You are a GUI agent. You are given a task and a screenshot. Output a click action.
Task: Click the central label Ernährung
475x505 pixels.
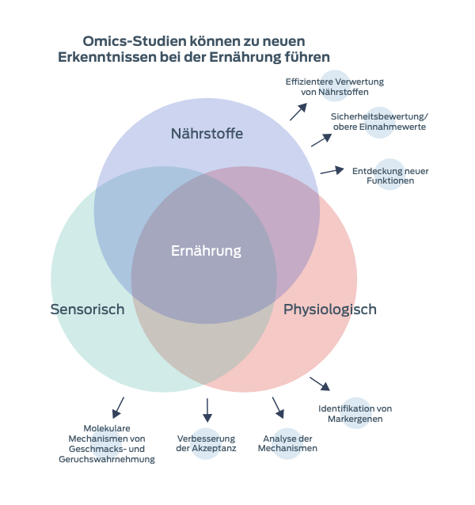point(206,251)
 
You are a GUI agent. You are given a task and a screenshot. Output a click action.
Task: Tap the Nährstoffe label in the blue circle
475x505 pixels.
point(207,134)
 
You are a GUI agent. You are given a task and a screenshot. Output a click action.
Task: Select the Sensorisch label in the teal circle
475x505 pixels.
point(87,309)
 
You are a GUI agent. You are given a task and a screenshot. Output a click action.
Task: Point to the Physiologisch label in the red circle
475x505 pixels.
point(330,309)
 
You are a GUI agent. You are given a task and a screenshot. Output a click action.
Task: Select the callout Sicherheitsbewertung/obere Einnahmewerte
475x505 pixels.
point(378,122)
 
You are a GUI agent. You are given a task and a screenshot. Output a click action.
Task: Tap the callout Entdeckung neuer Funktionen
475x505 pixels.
point(390,175)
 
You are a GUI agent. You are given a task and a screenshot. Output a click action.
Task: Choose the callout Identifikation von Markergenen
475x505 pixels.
point(355,413)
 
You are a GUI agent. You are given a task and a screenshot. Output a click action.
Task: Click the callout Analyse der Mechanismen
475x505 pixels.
point(288,443)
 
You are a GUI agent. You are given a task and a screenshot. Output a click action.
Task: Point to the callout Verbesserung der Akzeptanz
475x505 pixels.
point(207,443)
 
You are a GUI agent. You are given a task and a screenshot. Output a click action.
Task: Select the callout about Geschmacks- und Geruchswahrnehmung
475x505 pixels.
point(106,443)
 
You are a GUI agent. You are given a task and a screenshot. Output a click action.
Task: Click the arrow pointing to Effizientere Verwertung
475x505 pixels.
point(298,112)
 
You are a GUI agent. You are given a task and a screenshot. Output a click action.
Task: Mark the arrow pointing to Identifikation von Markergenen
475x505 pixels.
point(320,383)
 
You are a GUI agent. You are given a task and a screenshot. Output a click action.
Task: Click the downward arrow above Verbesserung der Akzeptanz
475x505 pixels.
point(207,409)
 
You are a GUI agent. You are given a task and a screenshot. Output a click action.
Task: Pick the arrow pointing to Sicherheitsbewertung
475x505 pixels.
point(321,140)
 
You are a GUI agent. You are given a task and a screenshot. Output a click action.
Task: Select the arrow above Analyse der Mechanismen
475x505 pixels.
point(278,407)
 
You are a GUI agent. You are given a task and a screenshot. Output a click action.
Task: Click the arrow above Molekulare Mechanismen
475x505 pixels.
point(118,408)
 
